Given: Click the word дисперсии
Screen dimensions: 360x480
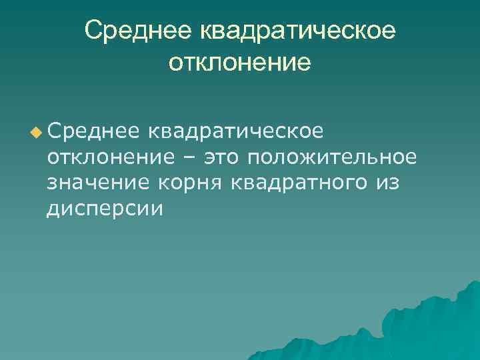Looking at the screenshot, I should [x=105, y=209].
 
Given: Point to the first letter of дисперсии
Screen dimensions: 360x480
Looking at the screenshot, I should [x=53, y=209].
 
